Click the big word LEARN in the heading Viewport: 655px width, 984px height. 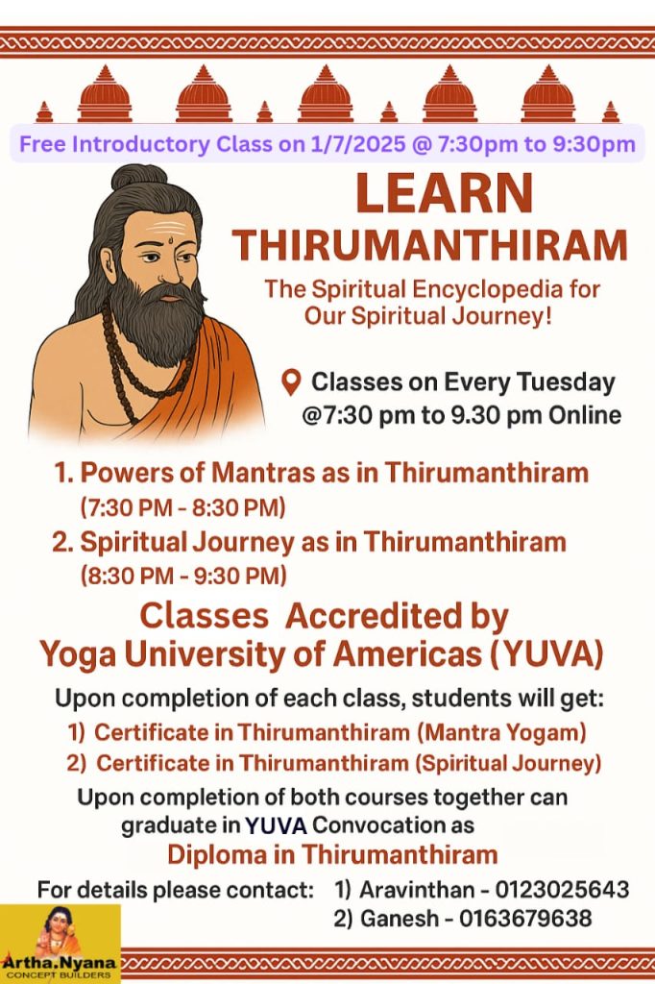click(x=445, y=194)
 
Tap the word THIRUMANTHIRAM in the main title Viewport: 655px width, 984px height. click(x=430, y=245)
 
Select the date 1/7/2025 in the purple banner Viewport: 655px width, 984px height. click(x=358, y=144)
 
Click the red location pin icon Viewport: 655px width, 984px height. click(x=291, y=382)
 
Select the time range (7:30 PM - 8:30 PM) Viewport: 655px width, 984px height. click(x=182, y=507)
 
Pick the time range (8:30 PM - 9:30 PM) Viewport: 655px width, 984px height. click(x=183, y=576)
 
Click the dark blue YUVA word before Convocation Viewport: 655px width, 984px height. click(x=276, y=825)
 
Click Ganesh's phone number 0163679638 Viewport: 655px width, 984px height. click(x=525, y=918)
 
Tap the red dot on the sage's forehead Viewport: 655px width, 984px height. click(x=169, y=239)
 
